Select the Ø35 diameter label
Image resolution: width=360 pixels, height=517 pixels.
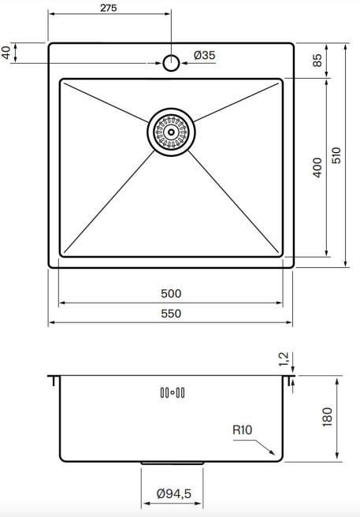(x=204, y=55)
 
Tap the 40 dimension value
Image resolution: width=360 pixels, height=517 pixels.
(x=7, y=53)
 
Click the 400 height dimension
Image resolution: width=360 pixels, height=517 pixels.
(x=317, y=168)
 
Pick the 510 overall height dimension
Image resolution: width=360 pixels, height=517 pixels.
(x=337, y=154)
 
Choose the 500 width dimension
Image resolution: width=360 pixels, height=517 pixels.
(x=171, y=293)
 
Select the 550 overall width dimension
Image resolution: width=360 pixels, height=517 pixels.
(x=171, y=314)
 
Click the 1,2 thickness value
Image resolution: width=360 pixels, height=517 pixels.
(x=284, y=360)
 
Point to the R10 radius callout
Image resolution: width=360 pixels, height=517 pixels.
(x=242, y=430)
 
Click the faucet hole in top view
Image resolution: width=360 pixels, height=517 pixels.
(x=171, y=62)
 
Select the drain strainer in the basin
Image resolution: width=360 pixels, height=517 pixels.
(x=170, y=131)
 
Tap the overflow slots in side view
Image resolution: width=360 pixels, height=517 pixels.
(x=172, y=392)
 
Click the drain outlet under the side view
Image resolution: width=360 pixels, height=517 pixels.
(x=172, y=463)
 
